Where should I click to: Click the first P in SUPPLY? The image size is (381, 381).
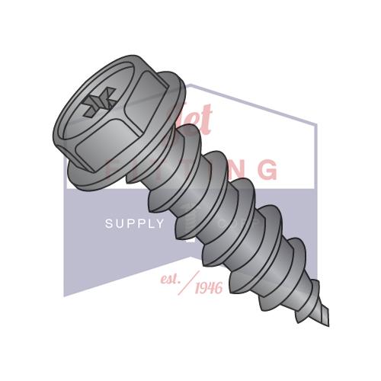(x=130, y=223)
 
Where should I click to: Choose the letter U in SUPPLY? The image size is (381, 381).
(x=120, y=223)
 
